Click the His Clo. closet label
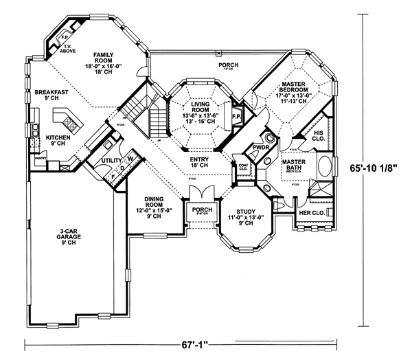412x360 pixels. (319, 134)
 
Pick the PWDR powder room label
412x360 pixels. (260, 146)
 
